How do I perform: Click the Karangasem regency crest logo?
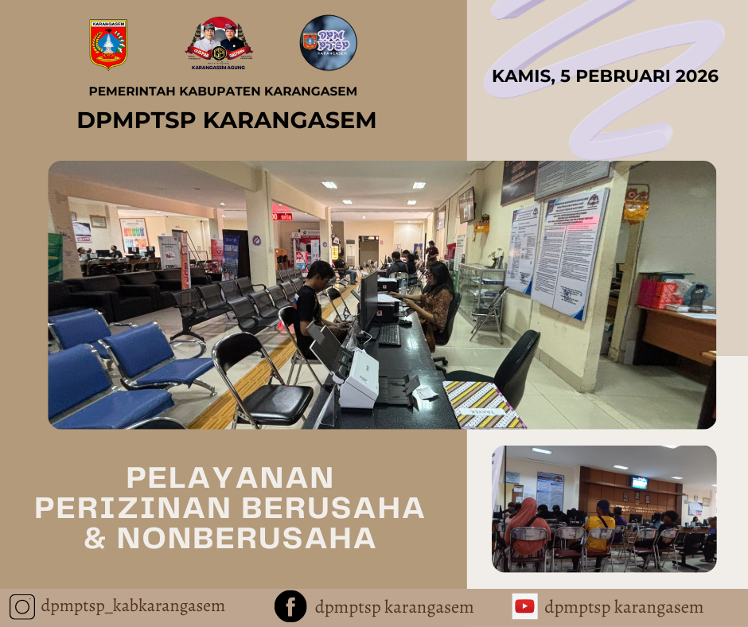point(108,44)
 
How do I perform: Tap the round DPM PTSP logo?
point(329,43)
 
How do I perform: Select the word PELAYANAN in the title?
point(230,477)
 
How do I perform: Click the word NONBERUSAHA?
point(247,538)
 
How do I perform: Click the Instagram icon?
point(23,607)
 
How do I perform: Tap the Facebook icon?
point(290,607)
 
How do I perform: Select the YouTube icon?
point(524,606)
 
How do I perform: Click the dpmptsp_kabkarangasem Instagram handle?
point(134,607)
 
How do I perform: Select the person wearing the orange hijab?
point(526,526)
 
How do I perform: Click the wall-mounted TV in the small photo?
point(639,482)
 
